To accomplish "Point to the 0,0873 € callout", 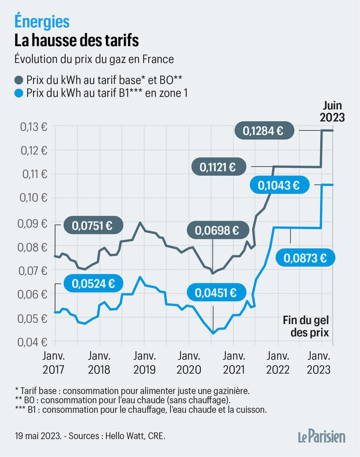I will tap(307, 258).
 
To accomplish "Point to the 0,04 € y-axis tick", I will tap(27, 342).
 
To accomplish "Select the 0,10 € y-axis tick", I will tap(27, 198).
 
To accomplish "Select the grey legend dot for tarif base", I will tap(20, 79).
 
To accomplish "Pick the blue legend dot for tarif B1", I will tap(20, 93).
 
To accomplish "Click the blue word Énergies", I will tap(42, 21).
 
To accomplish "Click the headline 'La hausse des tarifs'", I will tap(76, 42).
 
